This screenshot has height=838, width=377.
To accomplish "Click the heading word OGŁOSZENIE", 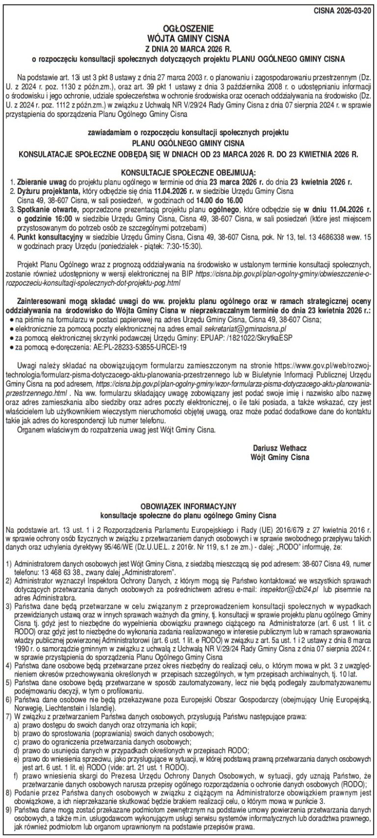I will tap(188, 29).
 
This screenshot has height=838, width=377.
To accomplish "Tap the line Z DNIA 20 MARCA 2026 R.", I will tap(188, 48).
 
